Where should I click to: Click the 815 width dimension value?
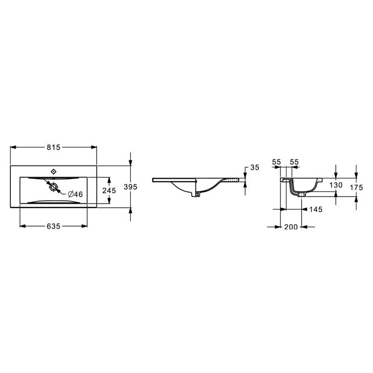[x=54, y=147]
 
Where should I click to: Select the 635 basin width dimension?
[x=54, y=226]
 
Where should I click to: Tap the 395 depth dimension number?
[x=131, y=187]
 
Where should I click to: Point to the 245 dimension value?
[x=109, y=190]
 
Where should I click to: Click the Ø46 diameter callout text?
[x=76, y=194]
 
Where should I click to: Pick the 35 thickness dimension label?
[x=255, y=167]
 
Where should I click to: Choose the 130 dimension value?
[x=336, y=185]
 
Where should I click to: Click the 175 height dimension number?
[x=356, y=187]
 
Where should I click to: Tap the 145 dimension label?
[x=316, y=209]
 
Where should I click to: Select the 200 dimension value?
[x=291, y=227]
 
